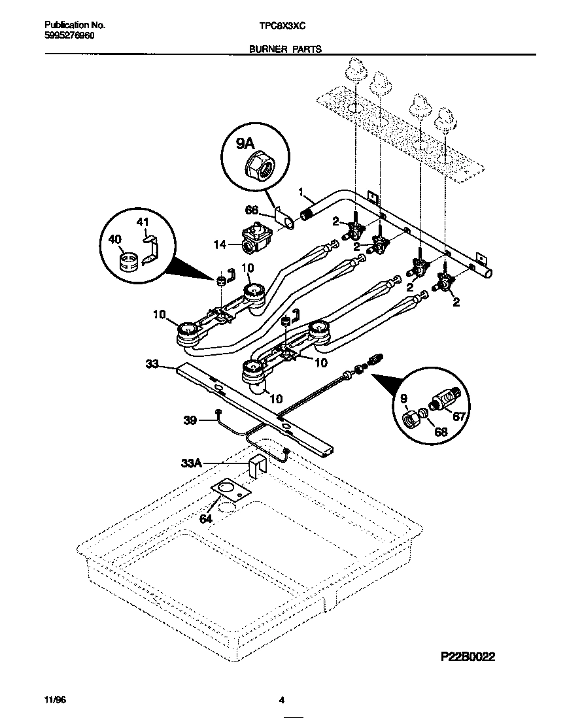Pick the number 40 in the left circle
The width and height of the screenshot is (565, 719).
pyautogui.click(x=116, y=241)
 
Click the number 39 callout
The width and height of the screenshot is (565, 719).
pyautogui.click(x=190, y=421)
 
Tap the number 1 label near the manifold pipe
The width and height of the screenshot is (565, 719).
pyautogui.click(x=301, y=192)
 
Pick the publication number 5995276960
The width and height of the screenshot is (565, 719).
pyautogui.click(x=69, y=35)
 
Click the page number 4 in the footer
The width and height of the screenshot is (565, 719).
pyautogui.click(x=282, y=699)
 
